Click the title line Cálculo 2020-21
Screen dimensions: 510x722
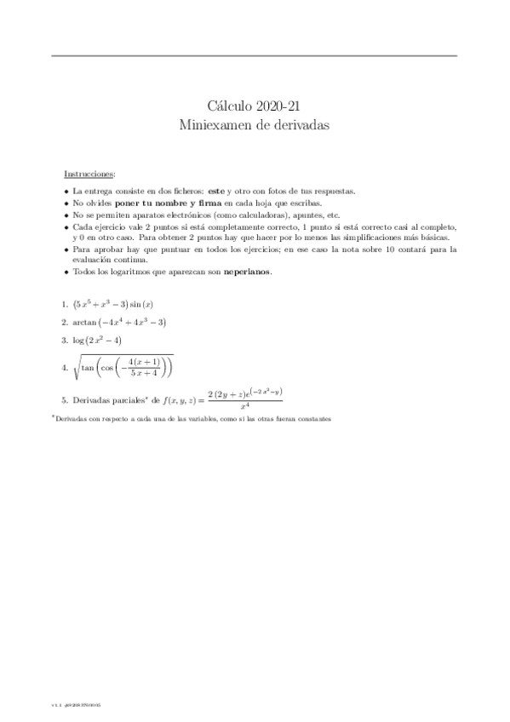255,106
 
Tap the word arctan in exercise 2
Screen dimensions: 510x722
85,322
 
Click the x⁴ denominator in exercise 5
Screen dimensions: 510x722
244,407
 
